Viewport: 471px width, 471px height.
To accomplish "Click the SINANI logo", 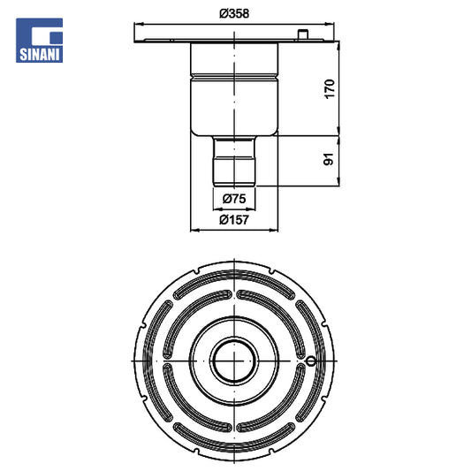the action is [40, 41].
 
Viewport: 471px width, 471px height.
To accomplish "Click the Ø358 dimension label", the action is [234, 13].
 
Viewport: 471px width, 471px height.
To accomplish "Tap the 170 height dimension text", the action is [330, 88].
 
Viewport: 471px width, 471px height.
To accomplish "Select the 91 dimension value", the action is [329, 159].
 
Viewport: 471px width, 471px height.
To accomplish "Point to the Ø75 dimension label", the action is [234, 199].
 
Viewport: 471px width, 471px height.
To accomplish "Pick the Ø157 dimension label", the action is [234, 220].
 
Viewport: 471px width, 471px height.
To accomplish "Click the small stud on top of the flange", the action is [303, 34].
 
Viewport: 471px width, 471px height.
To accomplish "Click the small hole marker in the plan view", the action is [311, 361].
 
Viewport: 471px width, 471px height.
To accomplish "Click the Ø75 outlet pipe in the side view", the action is [234, 161].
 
